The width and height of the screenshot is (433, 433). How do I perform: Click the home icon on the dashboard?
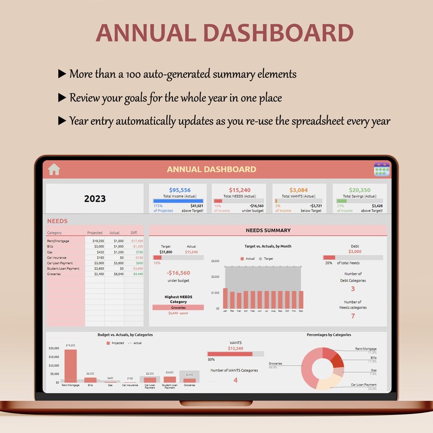pos(53,170)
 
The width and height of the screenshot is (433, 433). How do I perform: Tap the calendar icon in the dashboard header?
pos(382,169)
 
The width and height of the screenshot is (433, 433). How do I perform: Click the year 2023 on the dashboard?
pos(95,199)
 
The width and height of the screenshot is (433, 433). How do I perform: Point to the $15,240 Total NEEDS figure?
pos(239,190)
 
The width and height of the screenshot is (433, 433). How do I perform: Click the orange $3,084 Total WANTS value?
pos(298,190)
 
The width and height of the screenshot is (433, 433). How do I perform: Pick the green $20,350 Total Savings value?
pos(359,190)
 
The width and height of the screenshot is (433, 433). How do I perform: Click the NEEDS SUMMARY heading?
pos(268,231)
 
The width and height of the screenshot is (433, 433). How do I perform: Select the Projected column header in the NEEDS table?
pos(95,233)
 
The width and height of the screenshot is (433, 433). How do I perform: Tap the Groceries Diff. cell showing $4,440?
pos(137,274)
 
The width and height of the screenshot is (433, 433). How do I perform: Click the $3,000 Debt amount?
pos(354,251)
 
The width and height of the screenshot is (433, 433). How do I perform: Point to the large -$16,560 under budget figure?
pos(178,273)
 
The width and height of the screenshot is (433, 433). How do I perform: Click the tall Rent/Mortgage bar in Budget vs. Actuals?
pos(70,365)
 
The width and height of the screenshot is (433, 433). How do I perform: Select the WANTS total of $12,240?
pos(235,348)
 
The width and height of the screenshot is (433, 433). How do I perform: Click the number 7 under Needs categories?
pos(353,316)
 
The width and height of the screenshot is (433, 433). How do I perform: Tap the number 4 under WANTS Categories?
pos(235,380)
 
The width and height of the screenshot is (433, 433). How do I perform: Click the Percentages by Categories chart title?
pos(329,335)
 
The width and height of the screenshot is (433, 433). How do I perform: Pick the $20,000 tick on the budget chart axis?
pos(53,348)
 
